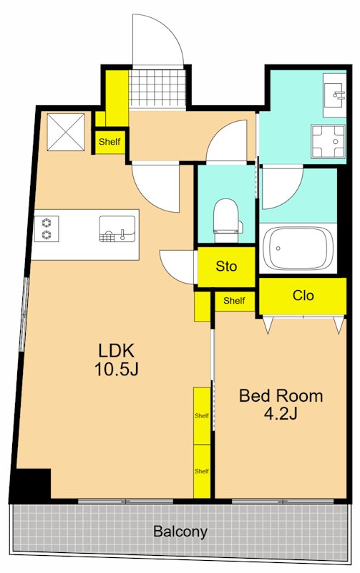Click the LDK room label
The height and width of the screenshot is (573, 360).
pyautogui.click(x=116, y=351)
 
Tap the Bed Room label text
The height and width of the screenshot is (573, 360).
pyautogui.click(x=281, y=396)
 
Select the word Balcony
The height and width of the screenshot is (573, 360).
pyautogui.click(x=180, y=531)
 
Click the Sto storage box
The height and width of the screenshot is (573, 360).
pyautogui.click(x=226, y=266)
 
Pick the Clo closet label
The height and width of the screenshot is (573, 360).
pyautogui.click(x=303, y=295)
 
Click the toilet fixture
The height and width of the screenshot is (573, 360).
pyautogui.click(x=228, y=221)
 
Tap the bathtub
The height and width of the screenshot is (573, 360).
pyautogui.click(x=298, y=249)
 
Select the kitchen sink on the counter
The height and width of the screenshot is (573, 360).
pyautogui.click(x=117, y=228)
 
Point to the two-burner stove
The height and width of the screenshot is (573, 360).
pyautogui.click(x=47, y=228)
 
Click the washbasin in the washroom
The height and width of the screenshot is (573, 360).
pyautogui.click(x=334, y=95)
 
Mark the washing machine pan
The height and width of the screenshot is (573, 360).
pyautogui.click(x=328, y=142)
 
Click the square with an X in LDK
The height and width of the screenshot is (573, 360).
pyautogui.click(x=66, y=132)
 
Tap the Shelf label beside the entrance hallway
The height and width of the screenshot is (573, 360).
pyautogui.click(x=110, y=141)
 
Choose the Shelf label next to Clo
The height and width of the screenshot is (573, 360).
pyautogui.click(x=234, y=301)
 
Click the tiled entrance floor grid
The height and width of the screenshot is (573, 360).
pyautogui.click(x=157, y=89)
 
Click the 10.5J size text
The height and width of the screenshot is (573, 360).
pyautogui.click(x=116, y=369)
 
